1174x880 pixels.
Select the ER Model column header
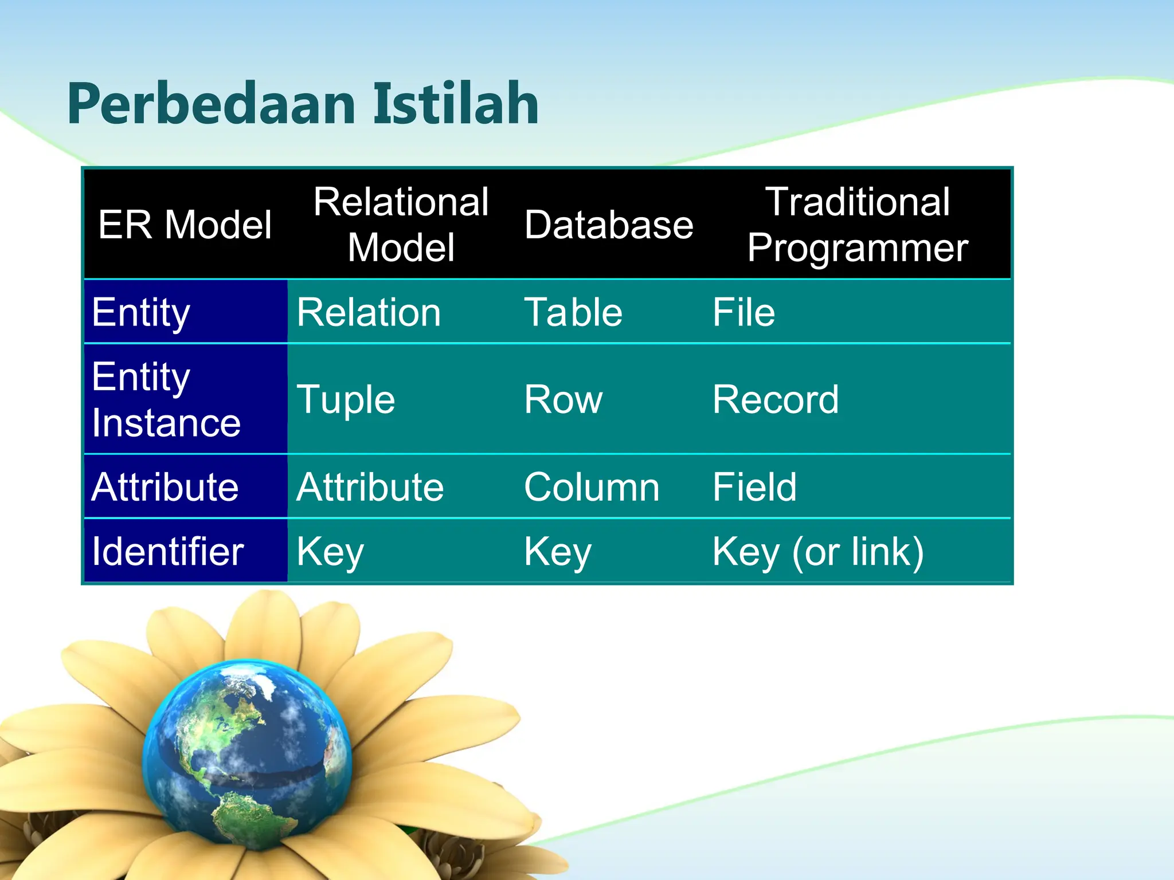[x=185, y=225]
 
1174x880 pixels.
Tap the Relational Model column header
[x=401, y=225]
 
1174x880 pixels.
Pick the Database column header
[x=609, y=225]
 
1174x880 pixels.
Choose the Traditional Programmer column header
[x=858, y=225]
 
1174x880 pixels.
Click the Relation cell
[x=369, y=313]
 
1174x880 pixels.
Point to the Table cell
[x=573, y=313]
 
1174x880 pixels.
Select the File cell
[x=743, y=313]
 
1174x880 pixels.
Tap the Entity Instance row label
[x=166, y=400]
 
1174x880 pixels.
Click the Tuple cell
[x=346, y=400]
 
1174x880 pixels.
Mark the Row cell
[x=563, y=400]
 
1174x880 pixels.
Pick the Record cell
[x=776, y=400]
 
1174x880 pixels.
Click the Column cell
[x=592, y=488]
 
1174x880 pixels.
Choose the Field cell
[x=754, y=488]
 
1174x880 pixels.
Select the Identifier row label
[x=168, y=552]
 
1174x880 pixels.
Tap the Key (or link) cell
[x=818, y=552]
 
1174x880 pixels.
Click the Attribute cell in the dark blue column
[x=165, y=488]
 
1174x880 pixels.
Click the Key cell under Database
[x=558, y=552]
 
